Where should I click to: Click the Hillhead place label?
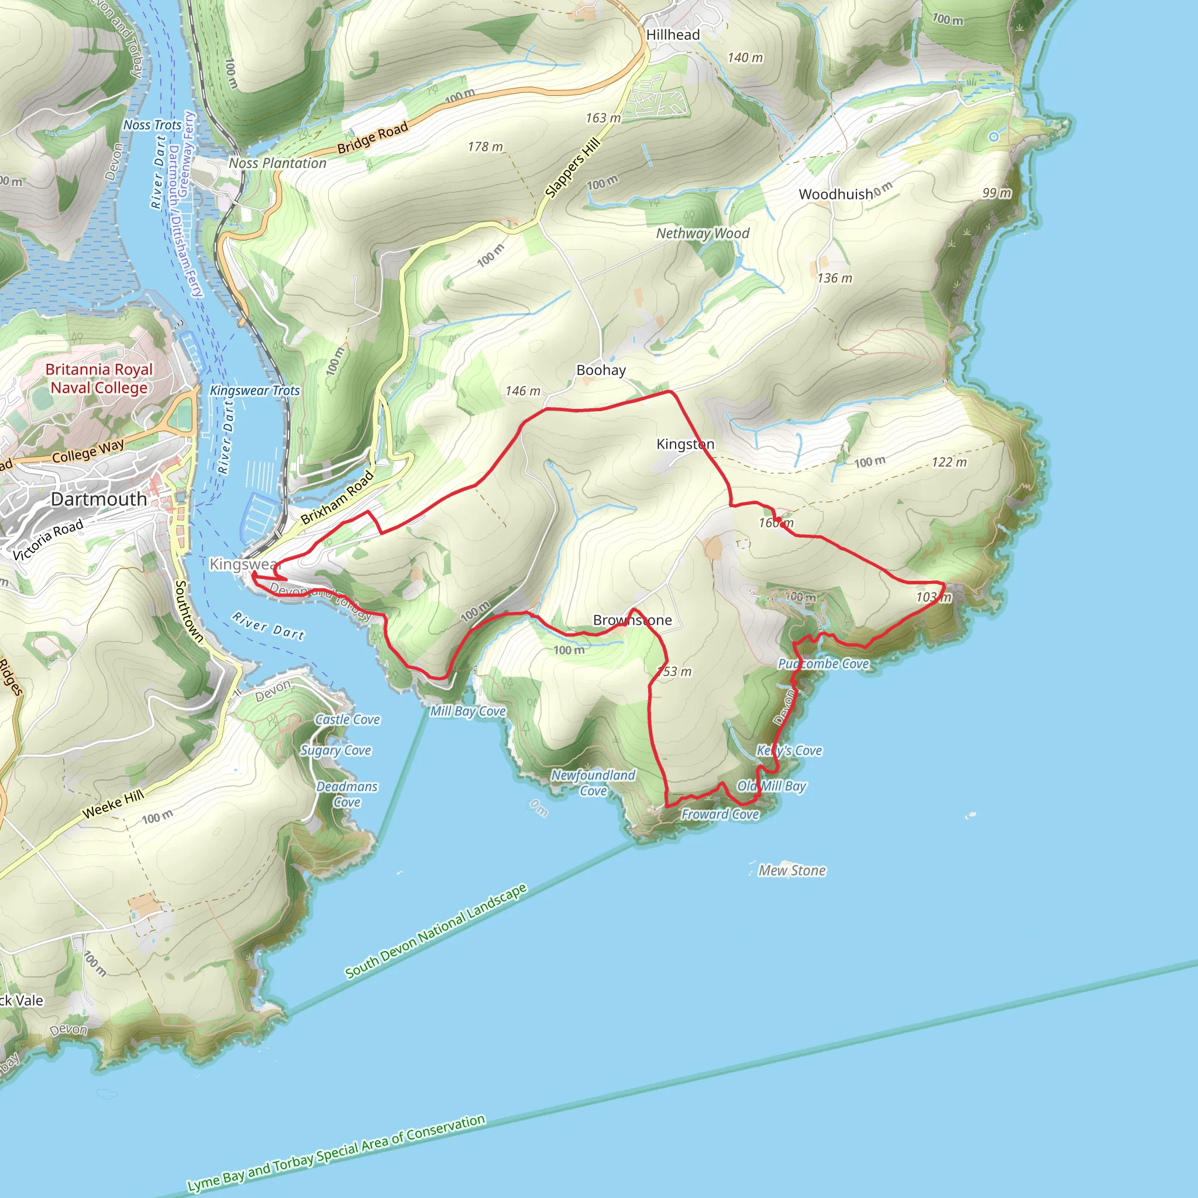click(x=673, y=35)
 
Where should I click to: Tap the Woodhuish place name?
click(x=835, y=194)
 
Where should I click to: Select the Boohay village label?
click(x=601, y=370)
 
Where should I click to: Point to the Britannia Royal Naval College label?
click(x=99, y=378)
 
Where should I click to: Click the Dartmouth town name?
click(x=99, y=499)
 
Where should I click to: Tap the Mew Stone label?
click(x=792, y=870)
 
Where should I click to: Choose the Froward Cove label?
click(x=720, y=814)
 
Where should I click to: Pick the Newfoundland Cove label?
click(x=593, y=783)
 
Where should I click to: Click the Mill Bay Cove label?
click(x=468, y=711)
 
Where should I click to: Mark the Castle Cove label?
click(x=347, y=720)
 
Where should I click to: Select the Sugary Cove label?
click(x=336, y=751)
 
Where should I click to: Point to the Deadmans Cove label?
click(x=347, y=794)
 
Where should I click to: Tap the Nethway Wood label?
click(x=703, y=233)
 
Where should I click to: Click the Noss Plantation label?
click(x=277, y=163)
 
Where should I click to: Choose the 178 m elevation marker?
click(x=485, y=147)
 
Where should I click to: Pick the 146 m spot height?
click(x=523, y=391)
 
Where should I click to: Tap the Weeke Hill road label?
click(x=113, y=804)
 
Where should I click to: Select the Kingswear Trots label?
click(x=255, y=391)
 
